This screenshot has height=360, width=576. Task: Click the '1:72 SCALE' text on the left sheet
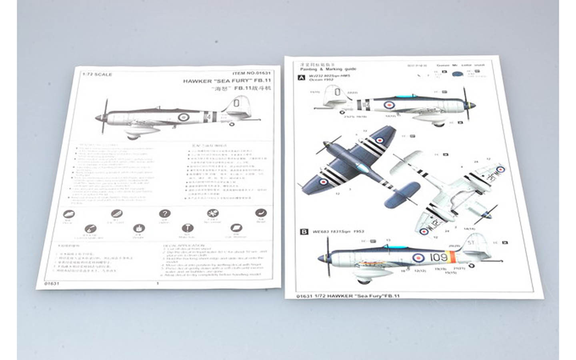[97, 74]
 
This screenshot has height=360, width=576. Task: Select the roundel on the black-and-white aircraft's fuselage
[184, 117]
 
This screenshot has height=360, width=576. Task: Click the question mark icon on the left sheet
[164, 214]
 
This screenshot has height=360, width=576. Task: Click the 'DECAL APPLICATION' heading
[184, 246]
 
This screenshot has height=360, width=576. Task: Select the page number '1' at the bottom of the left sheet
[158, 284]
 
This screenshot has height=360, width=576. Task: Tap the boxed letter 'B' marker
[304, 232]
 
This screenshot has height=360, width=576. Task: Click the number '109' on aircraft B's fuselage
[438, 257]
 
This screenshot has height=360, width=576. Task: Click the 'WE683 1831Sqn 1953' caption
[338, 232]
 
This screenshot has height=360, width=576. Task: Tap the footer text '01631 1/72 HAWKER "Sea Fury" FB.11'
[348, 296]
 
